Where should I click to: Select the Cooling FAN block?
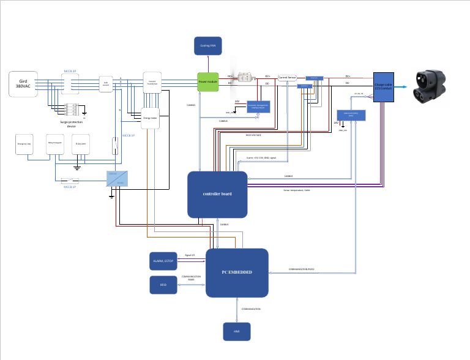[208, 45]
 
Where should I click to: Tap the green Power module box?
[208, 81]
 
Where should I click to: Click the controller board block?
[217, 194]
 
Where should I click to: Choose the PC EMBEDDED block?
[237, 272]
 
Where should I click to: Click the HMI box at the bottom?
[236, 331]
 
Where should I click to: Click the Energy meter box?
[150, 118]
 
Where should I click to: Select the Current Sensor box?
[287, 78]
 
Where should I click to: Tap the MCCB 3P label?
[70, 71]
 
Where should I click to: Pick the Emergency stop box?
[24, 146]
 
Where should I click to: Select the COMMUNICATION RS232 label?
[302, 269]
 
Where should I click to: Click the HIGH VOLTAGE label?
[253, 135]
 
